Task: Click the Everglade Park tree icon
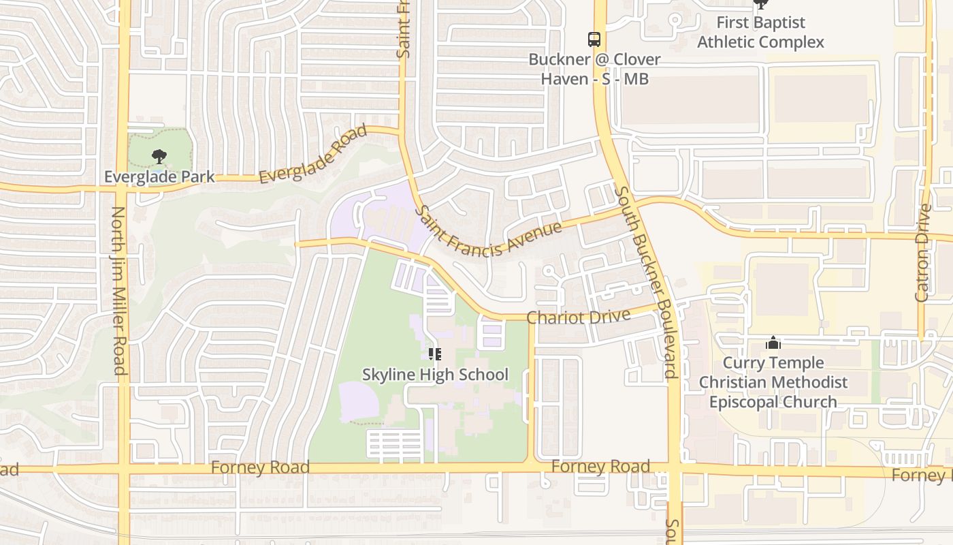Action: pyautogui.click(x=159, y=157)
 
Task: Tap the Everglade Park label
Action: pyautogui.click(x=159, y=177)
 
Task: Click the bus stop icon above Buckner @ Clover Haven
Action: pyautogui.click(x=594, y=39)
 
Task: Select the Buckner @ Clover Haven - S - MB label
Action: pyautogui.click(x=594, y=69)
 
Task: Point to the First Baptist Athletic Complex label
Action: pyautogui.click(x=760, y=33)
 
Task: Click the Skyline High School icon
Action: pyautogui.click(x=435, y=354)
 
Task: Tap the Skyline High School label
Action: pyautogui.click(x=435, y=375)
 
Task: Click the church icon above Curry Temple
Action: pyautogui.click(x=773, y=342)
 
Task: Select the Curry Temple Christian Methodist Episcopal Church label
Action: pyautogui.click(x=773, y=382)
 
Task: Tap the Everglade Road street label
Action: pyautogui.click(x=313, y=154)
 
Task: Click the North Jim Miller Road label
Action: pyautogui.click(x=118, y=291)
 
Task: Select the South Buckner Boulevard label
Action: pyautogui.click(x=644, y=281)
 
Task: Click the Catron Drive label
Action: pyautogui.click(x=923, y=252)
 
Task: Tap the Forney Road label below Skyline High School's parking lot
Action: pyautogui.click(x=260, y=467)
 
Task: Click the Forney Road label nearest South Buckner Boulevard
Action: pyautogui.click(x=600, y=467)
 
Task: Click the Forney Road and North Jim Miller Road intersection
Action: pyautogui.click(x=123, y=469)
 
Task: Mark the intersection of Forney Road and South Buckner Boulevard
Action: pyautogui.click(x=675, y=469)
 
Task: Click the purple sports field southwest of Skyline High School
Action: pyautogui.click(x=358, y=402)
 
